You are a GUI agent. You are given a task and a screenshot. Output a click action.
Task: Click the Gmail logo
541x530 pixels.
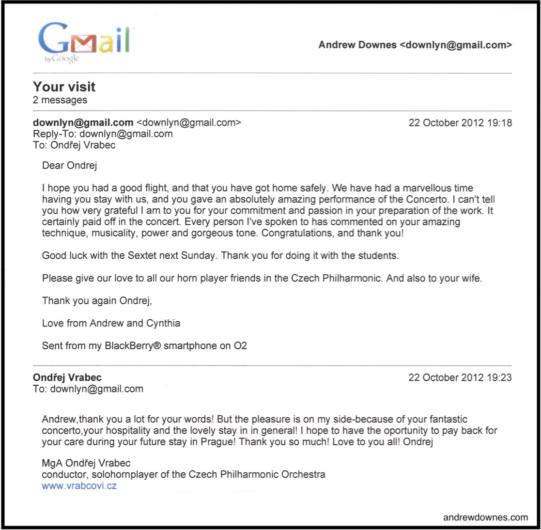click(x=83, y=41)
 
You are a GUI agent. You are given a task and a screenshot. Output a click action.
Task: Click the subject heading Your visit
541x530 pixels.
click(x=64, y=87)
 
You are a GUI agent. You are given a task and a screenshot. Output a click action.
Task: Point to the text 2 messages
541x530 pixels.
click(x=60, y=100)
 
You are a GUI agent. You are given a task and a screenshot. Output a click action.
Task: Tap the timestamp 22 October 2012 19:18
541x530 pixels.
click(x=460, y=123)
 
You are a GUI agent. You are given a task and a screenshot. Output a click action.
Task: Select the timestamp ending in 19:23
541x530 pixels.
click(x=460, y=378)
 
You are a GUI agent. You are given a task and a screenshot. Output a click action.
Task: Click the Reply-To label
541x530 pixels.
click(x=55, y=134)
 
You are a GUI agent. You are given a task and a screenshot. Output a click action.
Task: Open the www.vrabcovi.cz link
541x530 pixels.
click(x=79, y=486)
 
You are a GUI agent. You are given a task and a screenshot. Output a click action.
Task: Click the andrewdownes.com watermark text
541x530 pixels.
click(x=485, y=517)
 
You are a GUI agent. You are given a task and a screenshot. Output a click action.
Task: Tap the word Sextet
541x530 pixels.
click(x=148, y=256)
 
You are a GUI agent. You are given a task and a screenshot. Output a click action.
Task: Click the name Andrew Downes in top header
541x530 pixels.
click(x=357, y=46)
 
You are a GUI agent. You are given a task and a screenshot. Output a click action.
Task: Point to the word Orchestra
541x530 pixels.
click(x=304, y=475)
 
